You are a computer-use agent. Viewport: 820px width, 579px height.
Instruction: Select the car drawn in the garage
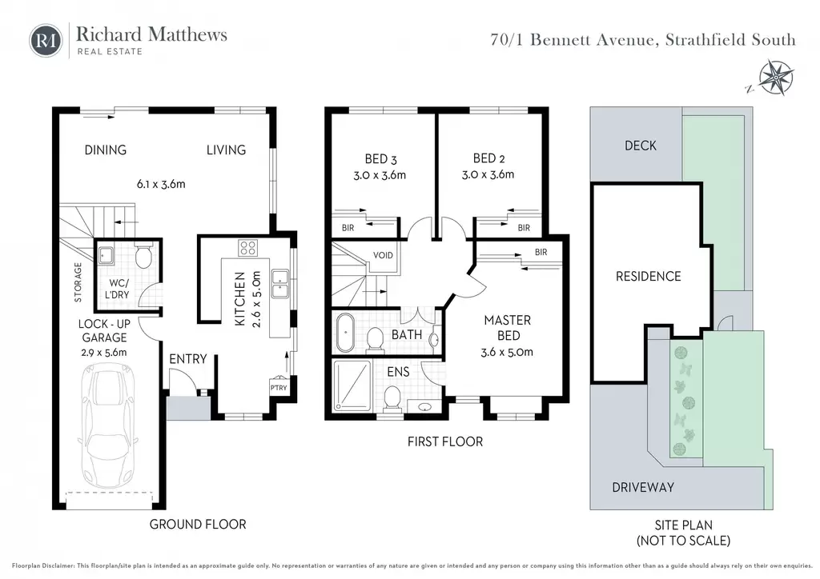pyautogui.click(x=111, y=433)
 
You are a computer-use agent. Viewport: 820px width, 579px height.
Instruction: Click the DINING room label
pyautogui.click(x=106, y=150)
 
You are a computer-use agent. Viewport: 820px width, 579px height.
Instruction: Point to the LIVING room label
pyautogui.click(x=226, y=150)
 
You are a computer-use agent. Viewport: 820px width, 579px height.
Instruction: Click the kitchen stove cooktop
pyautogui.click(x=247, y=248)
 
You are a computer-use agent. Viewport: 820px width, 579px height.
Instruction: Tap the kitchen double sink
pyautogui.click(x=280, y=284)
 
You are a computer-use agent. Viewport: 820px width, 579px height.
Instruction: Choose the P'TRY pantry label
pyautogui.click(x=278, y=388)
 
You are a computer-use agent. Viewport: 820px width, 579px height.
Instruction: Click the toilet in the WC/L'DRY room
pyautogui.click(x=143, y=257)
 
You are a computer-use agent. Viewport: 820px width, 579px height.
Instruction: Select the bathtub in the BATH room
pyautogui.click(x=345, y=334)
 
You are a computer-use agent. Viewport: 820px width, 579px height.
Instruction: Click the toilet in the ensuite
pyautogui.click(x=392, y=397)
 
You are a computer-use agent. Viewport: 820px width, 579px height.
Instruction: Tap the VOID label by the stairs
pyautogui.click(x=383, y=258)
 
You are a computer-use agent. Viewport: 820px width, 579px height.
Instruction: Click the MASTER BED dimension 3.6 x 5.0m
pyautogui.click(x=508, y=352)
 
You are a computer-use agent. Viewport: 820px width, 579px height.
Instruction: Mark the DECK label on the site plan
pyautogui.click(x=640, y=145)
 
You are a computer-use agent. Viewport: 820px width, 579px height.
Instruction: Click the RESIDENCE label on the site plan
pyautogui.click(x=648, y=276)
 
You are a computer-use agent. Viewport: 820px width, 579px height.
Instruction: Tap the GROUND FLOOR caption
pyautogui.click(x=198, y=524)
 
